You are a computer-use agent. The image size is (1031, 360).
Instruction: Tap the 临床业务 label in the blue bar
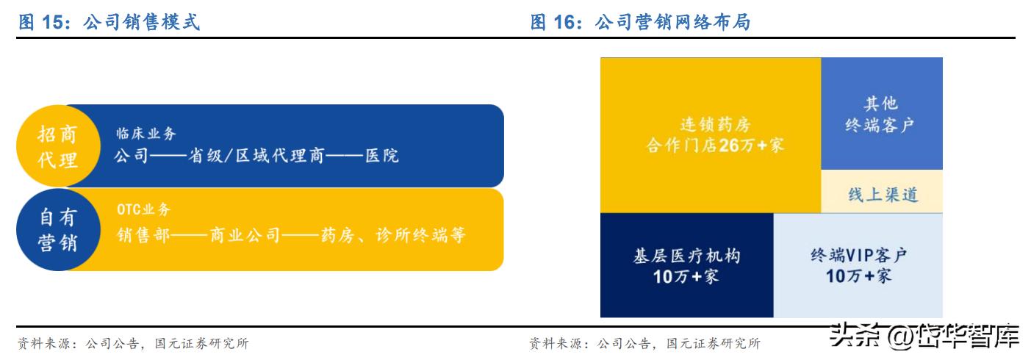(x=146, y=134)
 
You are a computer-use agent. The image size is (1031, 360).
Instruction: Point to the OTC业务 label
(x=143, y=210)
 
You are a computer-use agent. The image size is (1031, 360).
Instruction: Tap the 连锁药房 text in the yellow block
(x=710, y=123)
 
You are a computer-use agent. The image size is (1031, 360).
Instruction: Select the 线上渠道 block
(x=881, y=195)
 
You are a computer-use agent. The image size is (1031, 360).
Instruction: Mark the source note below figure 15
(x=133, y=343)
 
